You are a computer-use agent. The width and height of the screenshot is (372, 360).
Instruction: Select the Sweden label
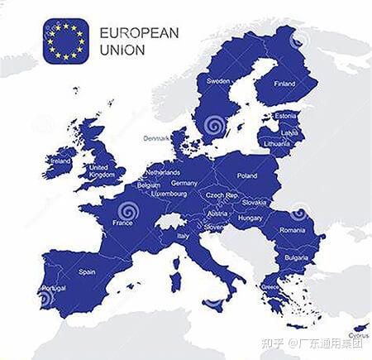[218, 81]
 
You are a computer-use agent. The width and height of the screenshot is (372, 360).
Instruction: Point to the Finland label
[284, 84]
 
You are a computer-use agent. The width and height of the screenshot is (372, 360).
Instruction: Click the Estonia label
[285, 116]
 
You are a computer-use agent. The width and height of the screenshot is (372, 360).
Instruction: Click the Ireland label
[61, 161]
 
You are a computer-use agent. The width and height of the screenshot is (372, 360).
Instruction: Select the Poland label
[247, 175]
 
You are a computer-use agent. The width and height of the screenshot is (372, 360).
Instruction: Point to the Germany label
[184, 183]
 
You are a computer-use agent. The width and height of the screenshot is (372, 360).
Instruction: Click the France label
[122, 223]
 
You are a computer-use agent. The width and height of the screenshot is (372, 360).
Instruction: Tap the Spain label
[87, 271]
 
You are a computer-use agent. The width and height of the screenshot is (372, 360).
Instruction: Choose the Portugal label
[53, 287]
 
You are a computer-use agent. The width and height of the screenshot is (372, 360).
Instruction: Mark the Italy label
[184, 236]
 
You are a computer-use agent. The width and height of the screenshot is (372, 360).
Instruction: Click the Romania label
[292, 229]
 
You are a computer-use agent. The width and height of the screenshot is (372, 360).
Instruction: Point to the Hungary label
[250, 218]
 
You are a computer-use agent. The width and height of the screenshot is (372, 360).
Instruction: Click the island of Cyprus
[357, 328]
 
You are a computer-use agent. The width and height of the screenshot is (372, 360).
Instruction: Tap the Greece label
[269, 286]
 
